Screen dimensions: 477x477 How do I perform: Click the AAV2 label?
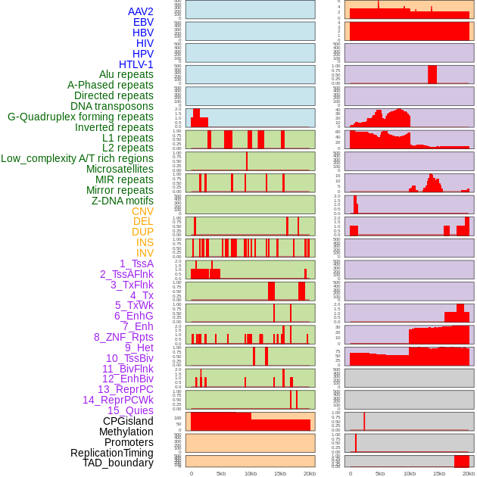tap(141, 11)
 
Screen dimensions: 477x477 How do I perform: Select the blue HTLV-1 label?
tap(136, 64)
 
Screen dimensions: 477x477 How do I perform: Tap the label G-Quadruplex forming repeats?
tap(80, 117)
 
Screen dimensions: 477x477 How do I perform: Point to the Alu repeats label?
tap(126, 74)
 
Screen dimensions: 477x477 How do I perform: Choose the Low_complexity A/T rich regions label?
tap(77, 158)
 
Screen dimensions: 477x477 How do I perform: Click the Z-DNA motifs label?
tap(123, 201)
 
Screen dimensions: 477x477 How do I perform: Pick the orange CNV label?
tap(142, 211)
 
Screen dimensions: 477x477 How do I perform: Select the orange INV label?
tap(145, 253)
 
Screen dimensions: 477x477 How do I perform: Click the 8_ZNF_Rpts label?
tap(123, 337)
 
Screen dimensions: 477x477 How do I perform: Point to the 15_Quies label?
tap(130, 410)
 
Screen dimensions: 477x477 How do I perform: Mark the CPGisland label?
tap(128, 421)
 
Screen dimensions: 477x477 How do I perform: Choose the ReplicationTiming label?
tap(112, 453)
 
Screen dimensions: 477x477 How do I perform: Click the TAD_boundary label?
tap(118, 463)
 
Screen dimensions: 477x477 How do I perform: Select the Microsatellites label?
tap(120, 169)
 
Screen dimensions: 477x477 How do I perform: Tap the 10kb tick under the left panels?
tap(251, 473)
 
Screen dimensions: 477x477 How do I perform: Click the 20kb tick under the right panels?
tap(469, 473)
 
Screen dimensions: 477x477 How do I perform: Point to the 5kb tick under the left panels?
tap(221, 473)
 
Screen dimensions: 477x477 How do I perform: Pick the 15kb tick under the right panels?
tap(439, 473)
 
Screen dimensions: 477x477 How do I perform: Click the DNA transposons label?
tap(112, 106)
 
